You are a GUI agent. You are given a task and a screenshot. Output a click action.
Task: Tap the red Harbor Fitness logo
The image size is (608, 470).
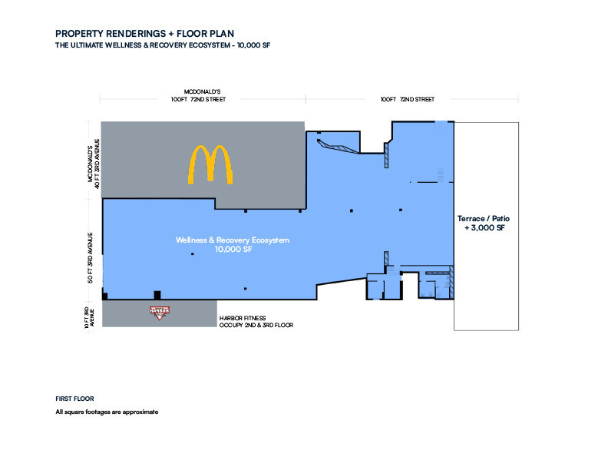point(160,313)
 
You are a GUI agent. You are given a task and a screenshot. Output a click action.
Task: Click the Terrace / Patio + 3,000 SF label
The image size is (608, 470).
point(484,223)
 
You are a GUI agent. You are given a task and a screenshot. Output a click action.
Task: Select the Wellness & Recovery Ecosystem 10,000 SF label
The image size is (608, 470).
point(233,245)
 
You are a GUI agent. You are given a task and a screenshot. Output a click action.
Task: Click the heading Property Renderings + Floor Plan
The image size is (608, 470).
point(144,34)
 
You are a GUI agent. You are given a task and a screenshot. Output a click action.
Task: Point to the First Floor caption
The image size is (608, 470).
point(74,399)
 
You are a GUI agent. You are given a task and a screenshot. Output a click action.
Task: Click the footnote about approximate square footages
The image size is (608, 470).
point(107,412)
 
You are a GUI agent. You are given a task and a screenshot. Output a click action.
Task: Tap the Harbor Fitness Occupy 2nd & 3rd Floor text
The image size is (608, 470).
point(256,322)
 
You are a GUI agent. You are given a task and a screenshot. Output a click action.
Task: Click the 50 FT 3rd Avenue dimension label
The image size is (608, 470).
point(90,258)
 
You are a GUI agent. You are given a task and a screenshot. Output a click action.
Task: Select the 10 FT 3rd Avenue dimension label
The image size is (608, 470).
point(89,318)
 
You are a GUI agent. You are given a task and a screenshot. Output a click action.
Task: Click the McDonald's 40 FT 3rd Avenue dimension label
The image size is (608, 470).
point(94,164)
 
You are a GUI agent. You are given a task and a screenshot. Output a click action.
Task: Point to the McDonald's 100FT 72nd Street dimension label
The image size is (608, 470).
point(198,95)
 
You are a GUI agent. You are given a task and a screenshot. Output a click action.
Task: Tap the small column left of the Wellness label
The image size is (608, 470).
point(193,254)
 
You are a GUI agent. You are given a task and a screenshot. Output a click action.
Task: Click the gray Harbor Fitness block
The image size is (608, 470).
point(160,313)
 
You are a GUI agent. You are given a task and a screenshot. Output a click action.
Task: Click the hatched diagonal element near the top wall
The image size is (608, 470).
point(336,147)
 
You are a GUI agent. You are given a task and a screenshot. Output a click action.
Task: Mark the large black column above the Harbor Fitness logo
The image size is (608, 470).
point(157,295)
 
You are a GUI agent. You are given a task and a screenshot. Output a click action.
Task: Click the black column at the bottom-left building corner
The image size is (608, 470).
point(104,296)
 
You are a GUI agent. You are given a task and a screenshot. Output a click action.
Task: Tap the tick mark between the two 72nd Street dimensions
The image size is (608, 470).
point(306,99)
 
